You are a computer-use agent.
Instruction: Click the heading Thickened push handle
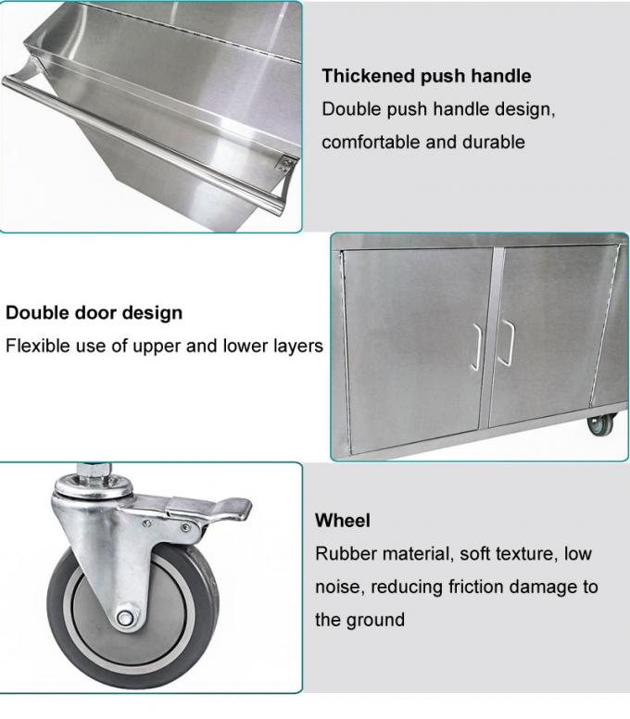click(426, 76)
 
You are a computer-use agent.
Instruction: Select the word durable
click(496, 143)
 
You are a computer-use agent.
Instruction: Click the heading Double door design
click(94, 313)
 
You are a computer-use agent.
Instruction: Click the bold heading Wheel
click(342, 521)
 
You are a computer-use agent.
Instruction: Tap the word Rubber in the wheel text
click(346, 554)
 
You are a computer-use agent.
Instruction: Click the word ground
click(376, 620)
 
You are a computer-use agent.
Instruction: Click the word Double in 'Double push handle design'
click(349, 109)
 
